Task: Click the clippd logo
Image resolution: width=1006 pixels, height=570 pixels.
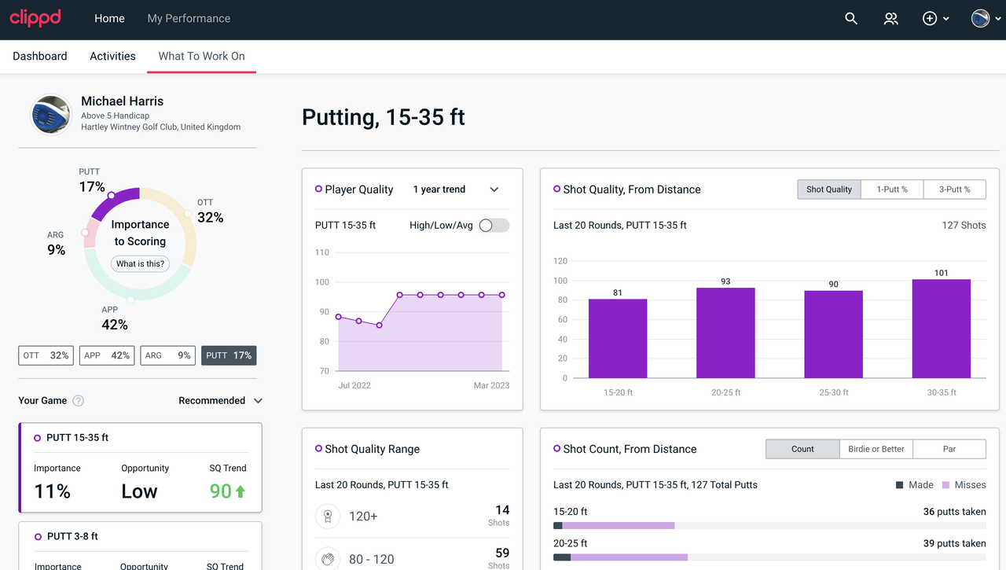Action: point(35,18)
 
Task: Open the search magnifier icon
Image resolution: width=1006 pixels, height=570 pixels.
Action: point(851,18)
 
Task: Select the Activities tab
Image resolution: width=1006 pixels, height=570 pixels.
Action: point(112,56)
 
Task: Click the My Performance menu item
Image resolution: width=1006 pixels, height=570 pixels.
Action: point(189,18)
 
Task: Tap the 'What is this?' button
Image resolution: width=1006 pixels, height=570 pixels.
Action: point(140,263)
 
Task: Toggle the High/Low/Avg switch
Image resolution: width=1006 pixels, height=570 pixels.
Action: point(494,226)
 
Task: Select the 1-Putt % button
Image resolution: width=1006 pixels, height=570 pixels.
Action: point(892,189)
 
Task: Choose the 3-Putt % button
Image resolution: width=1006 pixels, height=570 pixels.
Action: point(954,189)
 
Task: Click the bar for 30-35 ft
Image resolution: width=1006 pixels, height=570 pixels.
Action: point(941,329)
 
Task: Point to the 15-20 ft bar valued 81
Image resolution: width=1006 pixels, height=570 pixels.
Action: point(618,339)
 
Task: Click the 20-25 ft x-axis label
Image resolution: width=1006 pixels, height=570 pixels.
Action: point(725,392)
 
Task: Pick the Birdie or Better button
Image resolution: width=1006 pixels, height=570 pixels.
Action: point(876,449)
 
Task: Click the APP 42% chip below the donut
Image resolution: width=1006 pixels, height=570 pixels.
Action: point(107,355)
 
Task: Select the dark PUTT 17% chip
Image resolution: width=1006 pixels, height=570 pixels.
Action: point(229,355)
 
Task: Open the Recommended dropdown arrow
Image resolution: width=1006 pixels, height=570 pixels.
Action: point(258,401)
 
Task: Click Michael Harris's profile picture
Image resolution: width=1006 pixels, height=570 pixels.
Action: point(51,114)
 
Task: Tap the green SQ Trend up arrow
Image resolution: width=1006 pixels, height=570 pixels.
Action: point(240,491)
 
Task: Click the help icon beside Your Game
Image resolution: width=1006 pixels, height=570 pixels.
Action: point(78,401)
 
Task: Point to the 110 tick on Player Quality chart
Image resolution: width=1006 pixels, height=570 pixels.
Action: point(322,252)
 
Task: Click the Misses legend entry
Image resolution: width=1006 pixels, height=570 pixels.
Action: point(964,485)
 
